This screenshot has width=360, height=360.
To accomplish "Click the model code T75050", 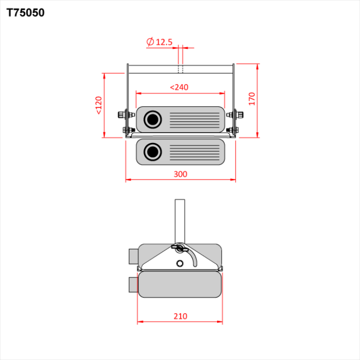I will [25, 13].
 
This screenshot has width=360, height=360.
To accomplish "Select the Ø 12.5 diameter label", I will [159, 42].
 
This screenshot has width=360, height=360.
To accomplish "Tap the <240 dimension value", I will [179, 87].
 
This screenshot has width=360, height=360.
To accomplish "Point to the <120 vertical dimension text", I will [98, 105].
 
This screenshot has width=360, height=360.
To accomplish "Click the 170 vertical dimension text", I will [251, 99].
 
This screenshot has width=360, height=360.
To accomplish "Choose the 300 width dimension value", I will [180, 174].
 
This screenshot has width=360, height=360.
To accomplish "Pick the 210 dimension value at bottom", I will [180, 316].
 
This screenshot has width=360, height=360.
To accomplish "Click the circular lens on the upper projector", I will [152, 119].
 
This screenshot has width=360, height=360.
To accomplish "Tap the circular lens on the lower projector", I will [152, 152].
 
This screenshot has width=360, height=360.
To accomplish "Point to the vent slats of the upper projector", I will [194, 119].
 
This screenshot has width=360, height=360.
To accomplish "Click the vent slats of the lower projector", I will [194, 152].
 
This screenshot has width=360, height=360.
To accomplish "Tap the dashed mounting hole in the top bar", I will [180, 69].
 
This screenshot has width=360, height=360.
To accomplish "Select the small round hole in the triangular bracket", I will [179, 263].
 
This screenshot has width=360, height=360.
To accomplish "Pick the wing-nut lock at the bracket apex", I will [179, 248].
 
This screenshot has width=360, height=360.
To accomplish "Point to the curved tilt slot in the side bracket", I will [194, 257].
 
